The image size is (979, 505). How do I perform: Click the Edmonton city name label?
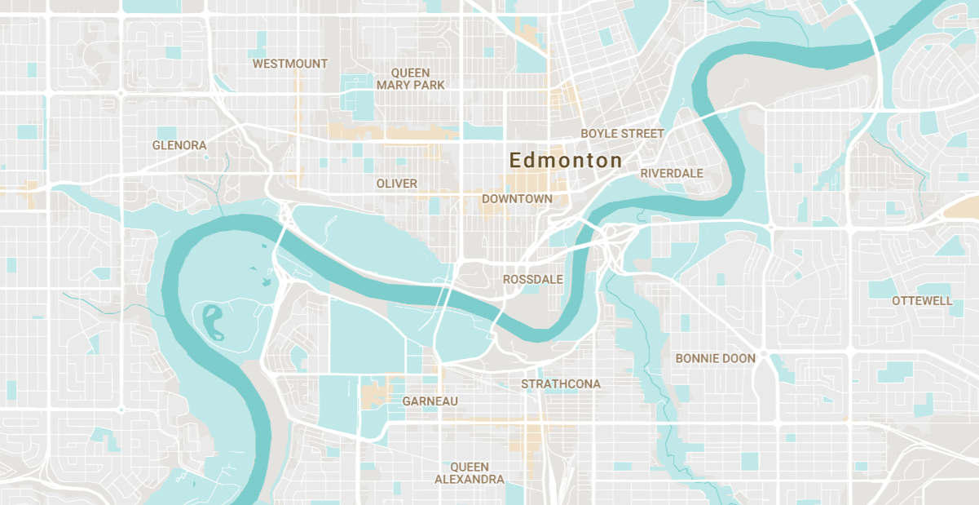click(x=566, y=160)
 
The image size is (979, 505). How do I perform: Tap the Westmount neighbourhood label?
click(x=290, y=64)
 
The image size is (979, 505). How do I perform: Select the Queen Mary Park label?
click(x=411, y=79)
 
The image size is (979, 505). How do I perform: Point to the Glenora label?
click(x=179, y=145)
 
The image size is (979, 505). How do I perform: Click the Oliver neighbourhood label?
click(x=397, y=184)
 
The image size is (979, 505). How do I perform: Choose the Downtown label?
click(x=517, y=198)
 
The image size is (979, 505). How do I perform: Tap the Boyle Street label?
click(x=622, y=133)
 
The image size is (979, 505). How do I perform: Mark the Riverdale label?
click(x=672, y=173)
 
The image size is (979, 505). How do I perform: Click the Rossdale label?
click(x=533, y=279)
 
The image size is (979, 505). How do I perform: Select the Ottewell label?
click(x=922, y=300)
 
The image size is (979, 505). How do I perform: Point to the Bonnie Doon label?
click(x=716, y=358)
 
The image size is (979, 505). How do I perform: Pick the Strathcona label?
click(x=561, y=383)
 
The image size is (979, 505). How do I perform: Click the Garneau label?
click(x=430, y=401)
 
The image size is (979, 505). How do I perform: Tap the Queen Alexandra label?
click(x=470, y=473)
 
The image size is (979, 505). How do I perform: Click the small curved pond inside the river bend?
click(x=211, y=321)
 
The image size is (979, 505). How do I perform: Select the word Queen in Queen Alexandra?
click(x=470, y=467)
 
